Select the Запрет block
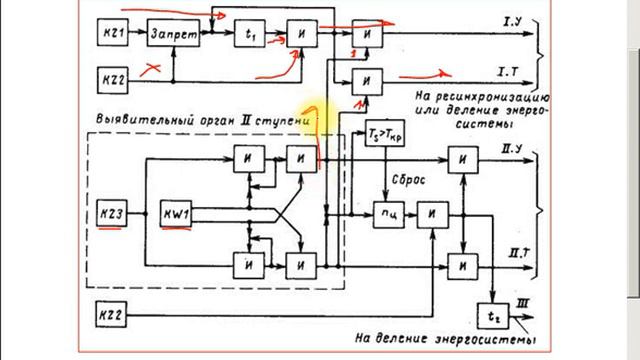[x=174, y=34]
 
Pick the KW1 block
[x=180, y=214]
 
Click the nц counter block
[x=385, y=213]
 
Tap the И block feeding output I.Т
[x=370, y=80]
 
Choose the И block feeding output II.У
[x=462, y=157]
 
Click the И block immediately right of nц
[x=430, y=213]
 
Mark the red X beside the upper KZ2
[x=153, y=69]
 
